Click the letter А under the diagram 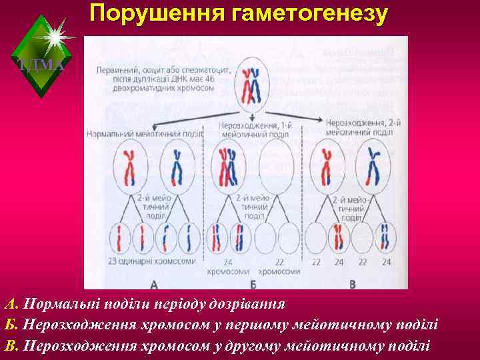pos(155,284)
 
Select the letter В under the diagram pos(353,284)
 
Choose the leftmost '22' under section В pos(314,263)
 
